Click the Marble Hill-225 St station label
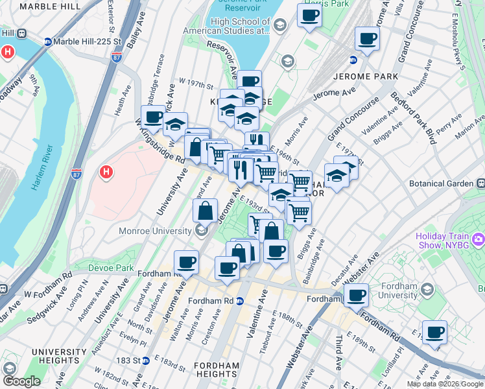tap(82, 42)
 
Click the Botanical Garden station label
tap(442, 183)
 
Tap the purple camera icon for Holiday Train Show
tap(479, 240)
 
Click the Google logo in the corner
tap(21, 382)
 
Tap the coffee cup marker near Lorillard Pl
tap(434, 332)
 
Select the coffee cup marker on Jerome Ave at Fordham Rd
tap(186, 262)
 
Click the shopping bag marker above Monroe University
tap(205, 211)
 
